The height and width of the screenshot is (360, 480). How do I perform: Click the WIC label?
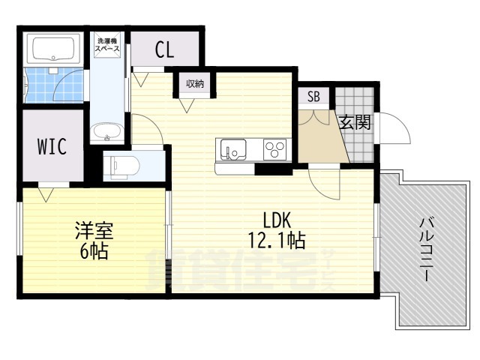[x=52, y=146]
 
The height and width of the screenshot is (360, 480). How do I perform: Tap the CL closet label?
[x=165, y=50]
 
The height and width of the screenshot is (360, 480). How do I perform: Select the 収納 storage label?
[x=195, y=83]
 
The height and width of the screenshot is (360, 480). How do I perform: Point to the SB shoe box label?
[x=313, y=97]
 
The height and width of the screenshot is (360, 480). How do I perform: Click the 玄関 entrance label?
[x=355, y=122]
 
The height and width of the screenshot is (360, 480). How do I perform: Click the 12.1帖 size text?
[x=277, y=240]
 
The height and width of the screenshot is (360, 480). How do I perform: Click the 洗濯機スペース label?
[x=108, y=45]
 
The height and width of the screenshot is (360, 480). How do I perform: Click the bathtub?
[x=53, y=49]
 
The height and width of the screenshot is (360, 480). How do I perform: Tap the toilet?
[x=121, y=167]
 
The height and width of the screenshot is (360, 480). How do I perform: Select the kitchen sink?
[x=233, y=149]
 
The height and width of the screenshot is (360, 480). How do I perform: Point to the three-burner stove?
[x=275, y=149]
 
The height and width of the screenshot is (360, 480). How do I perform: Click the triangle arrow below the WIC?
[x=46, y=195]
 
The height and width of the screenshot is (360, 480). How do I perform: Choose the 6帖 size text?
[x=94, y=251]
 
